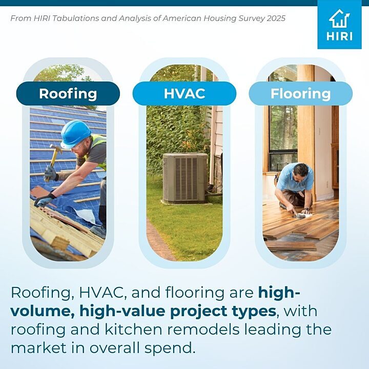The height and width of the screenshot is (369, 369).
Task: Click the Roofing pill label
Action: click(x=68, y=93)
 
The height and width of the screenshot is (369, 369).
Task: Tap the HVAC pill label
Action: click(x=184, y=93)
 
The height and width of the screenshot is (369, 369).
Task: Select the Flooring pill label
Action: click(x=300, y=93)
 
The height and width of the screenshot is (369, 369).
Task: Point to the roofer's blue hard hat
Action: click(x=75, y=134)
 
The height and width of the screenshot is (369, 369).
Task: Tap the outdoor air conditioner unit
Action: click(x=186, y=178)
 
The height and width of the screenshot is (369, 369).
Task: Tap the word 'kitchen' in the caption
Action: click(x=133, y=329)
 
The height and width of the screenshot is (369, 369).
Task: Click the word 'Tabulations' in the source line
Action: click(x=75, y=18)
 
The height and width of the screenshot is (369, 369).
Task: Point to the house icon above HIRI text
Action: click(x=339, y=18)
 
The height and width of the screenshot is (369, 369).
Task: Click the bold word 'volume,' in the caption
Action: click(x=43, y=312)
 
